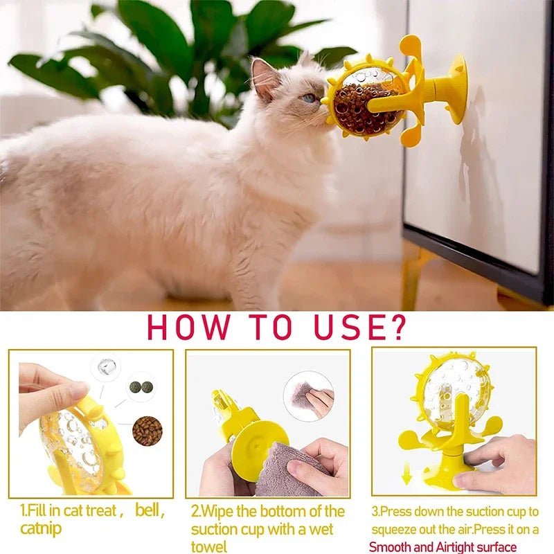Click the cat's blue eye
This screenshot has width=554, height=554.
click(309, 98)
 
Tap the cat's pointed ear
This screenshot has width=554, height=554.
click(264, 77)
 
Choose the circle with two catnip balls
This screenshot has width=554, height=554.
click(142, 386)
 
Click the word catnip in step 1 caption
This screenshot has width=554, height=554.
click(41, 530)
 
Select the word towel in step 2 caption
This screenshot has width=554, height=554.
click(208, 547)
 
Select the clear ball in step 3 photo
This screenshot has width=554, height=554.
click(454, 392)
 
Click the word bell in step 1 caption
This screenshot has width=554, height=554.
click(149, 512)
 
